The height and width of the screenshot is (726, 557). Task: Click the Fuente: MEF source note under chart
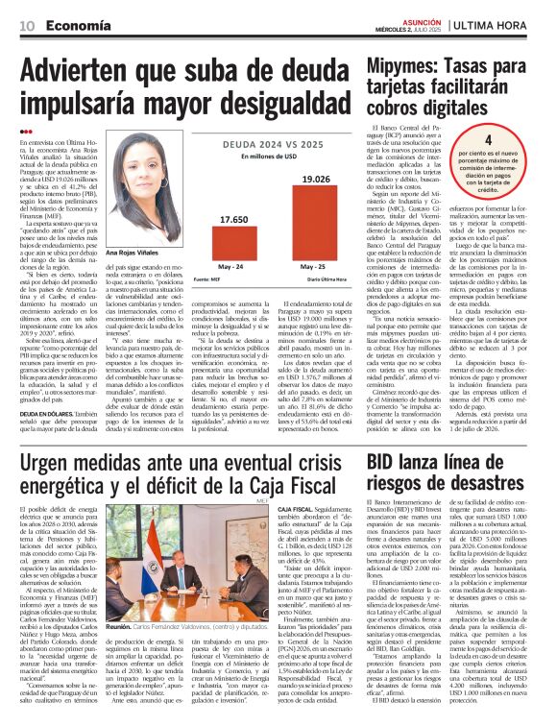click(x=206, y=279)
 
